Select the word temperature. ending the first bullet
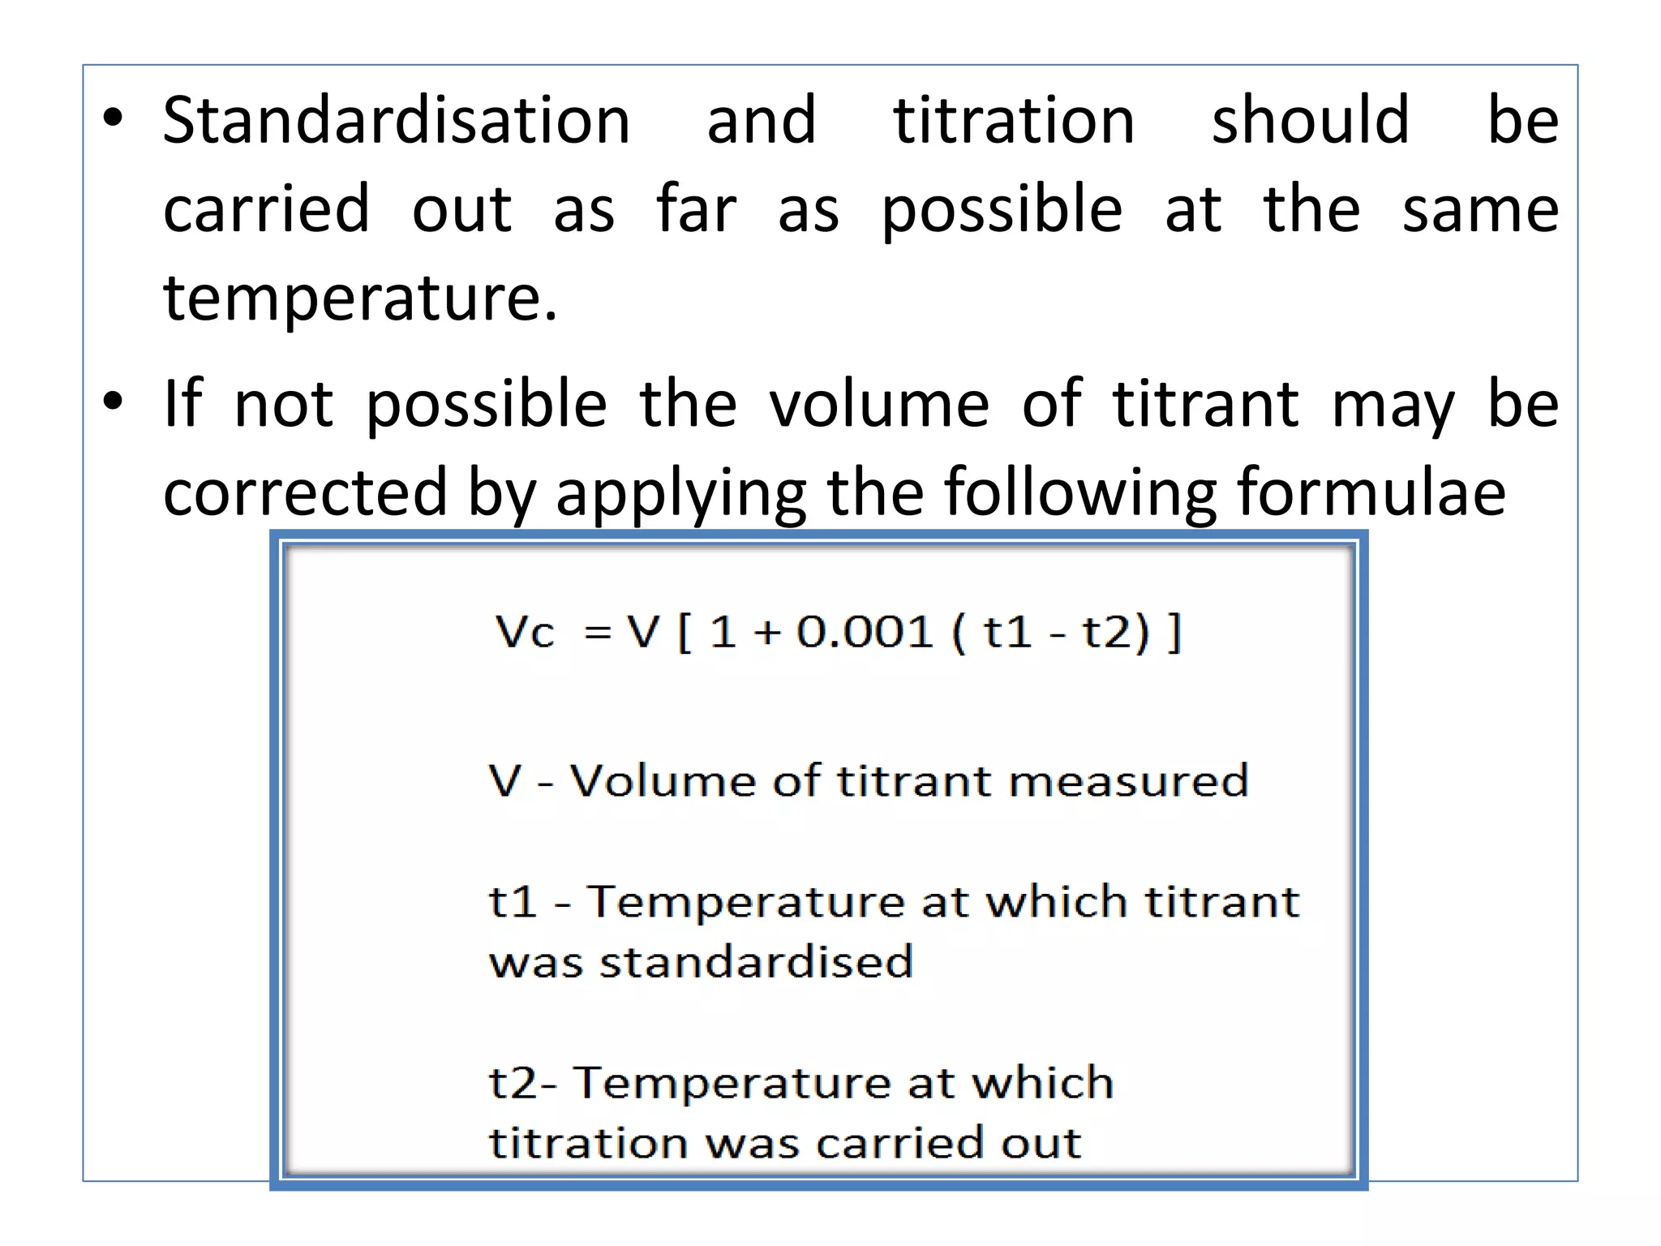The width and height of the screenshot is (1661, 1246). [x=360, y=299]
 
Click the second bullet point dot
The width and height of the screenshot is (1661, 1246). [x=113, y=401]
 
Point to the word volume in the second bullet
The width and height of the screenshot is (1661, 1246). [x=879, y=403]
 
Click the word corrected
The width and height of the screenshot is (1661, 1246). [x=305, y=492]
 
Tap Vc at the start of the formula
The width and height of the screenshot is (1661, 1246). [x=525, y=632]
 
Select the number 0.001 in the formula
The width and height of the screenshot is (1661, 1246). [x=865, y=632]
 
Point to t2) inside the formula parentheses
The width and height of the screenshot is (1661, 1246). [x=1116, y=632]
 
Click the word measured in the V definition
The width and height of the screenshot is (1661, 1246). [x=1128, y=781]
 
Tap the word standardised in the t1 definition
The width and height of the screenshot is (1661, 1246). [x=756, y=963]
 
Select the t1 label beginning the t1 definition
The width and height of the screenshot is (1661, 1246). [x=513, y=902]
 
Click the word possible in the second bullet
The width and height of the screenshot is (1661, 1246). [x=486, y=405]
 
